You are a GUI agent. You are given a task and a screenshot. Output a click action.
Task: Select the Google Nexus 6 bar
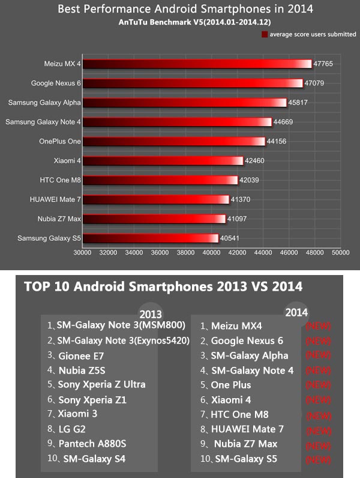click(x=193, y=83)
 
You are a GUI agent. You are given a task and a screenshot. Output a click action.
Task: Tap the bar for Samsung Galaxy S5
click(x=150, y=238)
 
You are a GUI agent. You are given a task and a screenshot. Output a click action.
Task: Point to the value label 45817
click(x=298, y=103)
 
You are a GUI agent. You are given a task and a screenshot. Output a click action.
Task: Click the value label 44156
click(x=277, y=142)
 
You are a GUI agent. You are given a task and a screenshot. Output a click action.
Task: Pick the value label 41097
click(x=237, y=219)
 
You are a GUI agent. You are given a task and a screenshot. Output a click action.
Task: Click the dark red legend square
click(x=265, y=35)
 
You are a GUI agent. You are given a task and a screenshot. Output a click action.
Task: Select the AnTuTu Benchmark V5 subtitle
click(x=185, y=22)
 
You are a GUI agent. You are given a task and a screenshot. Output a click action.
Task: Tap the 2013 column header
click(x=150, y=314)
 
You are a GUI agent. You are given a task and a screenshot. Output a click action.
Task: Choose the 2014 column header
click(x=296, y=313)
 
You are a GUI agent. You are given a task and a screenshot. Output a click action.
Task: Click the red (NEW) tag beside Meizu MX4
click(x=318, y=327)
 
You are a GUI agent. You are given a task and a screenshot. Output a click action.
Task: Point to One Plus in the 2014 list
click(x=230, y=385)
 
